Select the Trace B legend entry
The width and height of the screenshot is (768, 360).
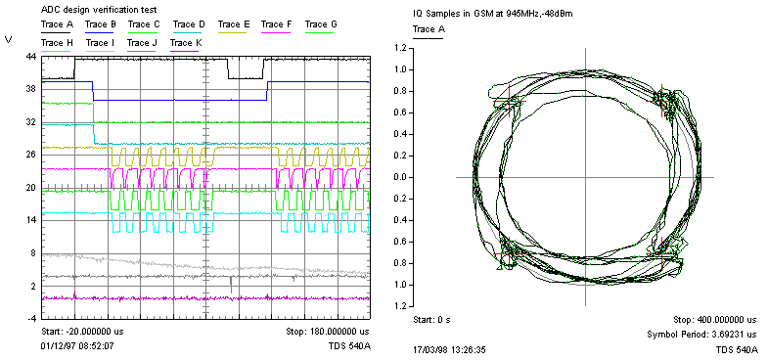pos(101,23)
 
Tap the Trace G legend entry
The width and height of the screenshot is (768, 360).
pos(321,23)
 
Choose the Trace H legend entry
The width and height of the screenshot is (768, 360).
pos(57,43)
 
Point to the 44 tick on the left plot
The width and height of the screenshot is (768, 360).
pos(30,58)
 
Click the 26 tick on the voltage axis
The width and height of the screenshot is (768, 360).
pos(30,155)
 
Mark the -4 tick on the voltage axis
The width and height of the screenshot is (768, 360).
pos(30,319)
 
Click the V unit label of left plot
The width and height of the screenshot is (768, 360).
pos(9,39)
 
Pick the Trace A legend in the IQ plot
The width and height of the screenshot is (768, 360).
pos(428,29)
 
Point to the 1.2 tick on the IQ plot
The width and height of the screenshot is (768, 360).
pos(399,48)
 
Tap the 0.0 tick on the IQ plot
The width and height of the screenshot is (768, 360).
pos(399,177)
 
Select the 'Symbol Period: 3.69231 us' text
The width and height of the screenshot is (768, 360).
pos(702,334)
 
